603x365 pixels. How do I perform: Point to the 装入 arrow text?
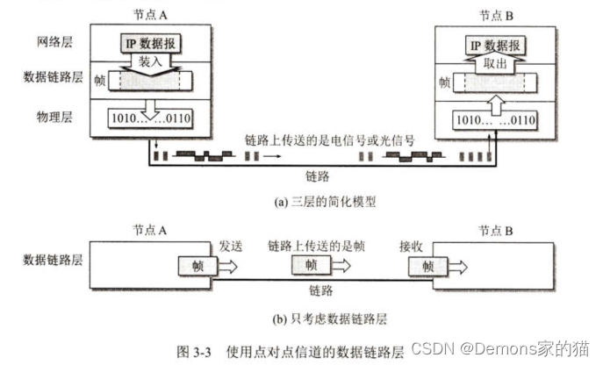[x=146, y=63]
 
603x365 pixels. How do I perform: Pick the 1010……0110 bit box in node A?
[x=148, y=118]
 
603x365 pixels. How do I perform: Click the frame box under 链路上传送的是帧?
[x=312, y=265]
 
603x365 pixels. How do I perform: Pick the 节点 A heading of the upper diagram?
[x=147, y=14]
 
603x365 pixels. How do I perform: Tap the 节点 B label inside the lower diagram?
[x=497, y=230]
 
